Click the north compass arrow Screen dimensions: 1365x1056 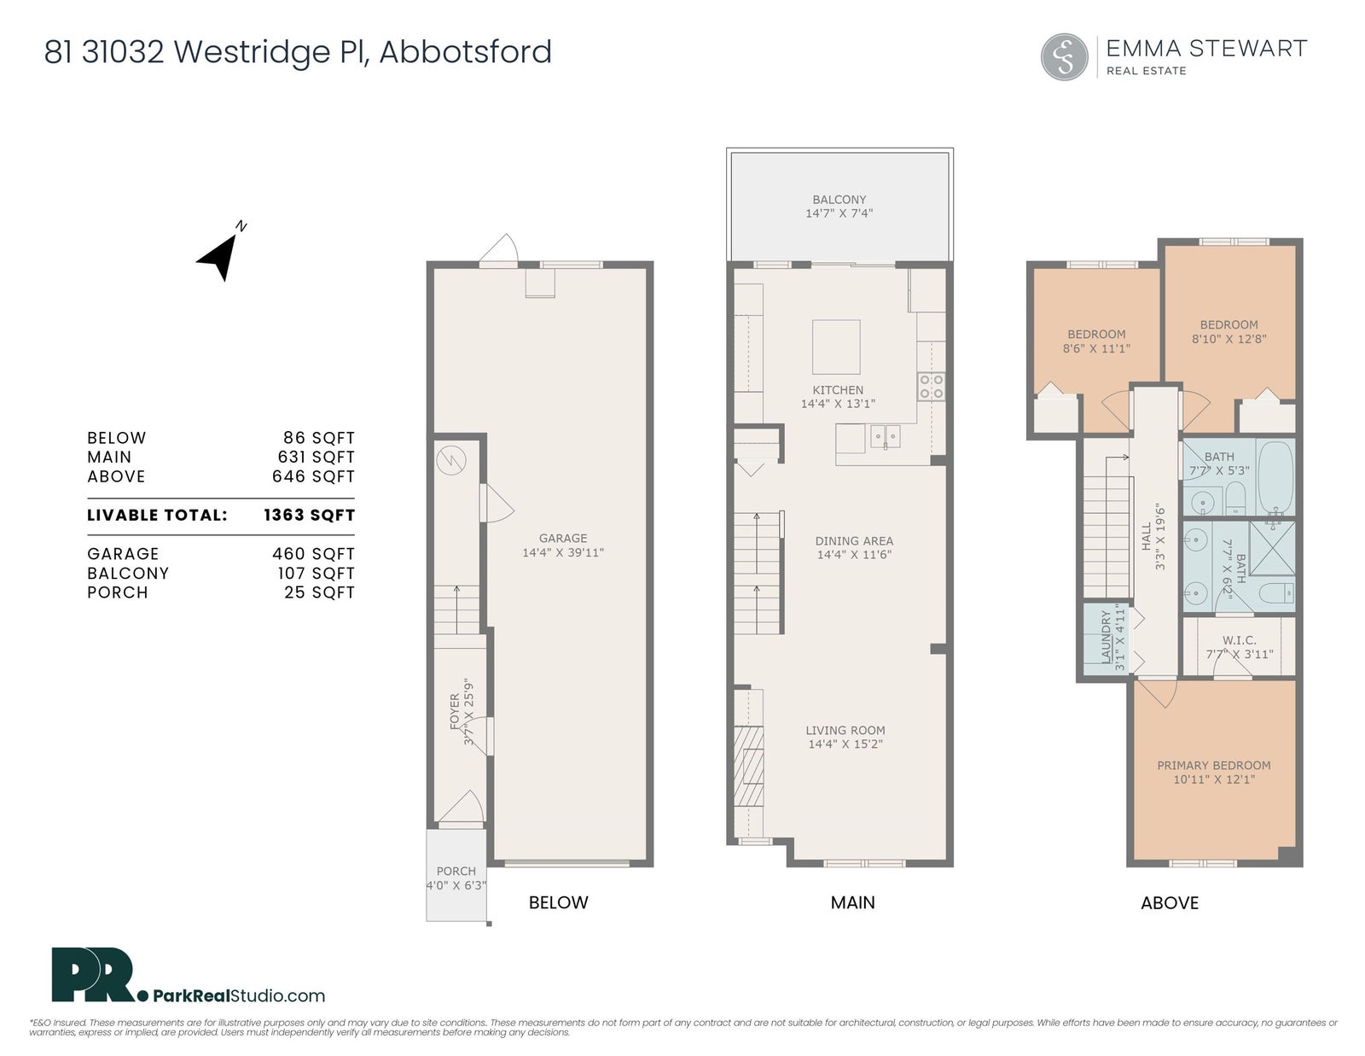point(219,259)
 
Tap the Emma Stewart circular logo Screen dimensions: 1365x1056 point(1064,57)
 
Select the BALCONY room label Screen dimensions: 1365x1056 point(839,200)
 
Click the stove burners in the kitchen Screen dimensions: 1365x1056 point(931,387)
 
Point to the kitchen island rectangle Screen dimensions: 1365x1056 point(836,347)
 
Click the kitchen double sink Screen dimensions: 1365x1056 point(885,436)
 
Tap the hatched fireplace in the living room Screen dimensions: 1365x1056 point(749,766)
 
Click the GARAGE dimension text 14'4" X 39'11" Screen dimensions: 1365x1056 point(563,552)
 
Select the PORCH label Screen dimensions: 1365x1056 point(456,872)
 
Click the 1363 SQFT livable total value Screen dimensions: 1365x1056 point(309,516)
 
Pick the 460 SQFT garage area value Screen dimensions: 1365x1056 point(313,554)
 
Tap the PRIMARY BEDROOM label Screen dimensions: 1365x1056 point(1214,766)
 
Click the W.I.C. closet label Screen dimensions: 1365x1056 point(1240,640)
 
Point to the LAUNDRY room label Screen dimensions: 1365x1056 point(1107,636)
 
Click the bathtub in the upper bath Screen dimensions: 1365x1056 point(1275,478)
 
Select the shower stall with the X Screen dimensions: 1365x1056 point(1271,548)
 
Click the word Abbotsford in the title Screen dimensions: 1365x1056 point(466,51)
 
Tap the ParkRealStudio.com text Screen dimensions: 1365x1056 point(240,995)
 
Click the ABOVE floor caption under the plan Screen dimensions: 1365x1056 point(1170,903)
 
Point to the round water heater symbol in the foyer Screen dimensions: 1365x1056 point(451,460)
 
